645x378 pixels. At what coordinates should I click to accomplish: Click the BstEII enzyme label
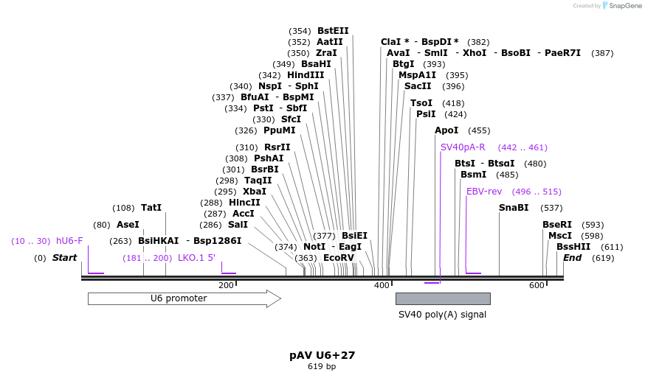point(333,31)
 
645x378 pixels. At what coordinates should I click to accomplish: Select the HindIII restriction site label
point(306,75)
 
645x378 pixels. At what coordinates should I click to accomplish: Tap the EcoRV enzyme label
point(339,258)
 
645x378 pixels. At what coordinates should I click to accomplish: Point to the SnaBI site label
point(514,208)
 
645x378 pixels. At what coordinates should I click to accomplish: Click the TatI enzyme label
point(151,208)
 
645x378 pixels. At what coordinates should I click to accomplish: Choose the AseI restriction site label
point(128,225)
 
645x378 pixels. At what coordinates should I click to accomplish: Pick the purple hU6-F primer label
point(69,241)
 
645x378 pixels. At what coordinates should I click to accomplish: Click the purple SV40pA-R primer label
point(463,147)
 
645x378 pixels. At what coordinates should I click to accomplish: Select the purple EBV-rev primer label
point(484,192)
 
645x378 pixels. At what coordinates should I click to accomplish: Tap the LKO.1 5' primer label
point(196,258)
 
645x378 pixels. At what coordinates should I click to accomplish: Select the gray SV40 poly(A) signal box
point(443,298)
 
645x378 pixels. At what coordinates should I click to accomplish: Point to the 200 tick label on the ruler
point(226,285)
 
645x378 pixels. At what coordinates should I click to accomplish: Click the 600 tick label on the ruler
point(537,285)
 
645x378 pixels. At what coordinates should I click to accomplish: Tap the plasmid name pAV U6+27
point(322,355)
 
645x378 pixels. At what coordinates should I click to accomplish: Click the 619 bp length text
point(322,366)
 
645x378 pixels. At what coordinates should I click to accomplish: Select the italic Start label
point(64,258)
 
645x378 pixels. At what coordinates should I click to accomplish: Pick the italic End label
point(572,258)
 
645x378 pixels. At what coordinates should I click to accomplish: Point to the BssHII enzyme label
point(573,247)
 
